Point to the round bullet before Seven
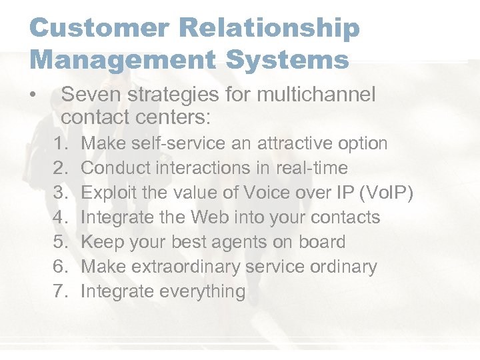tap(33, 95)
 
